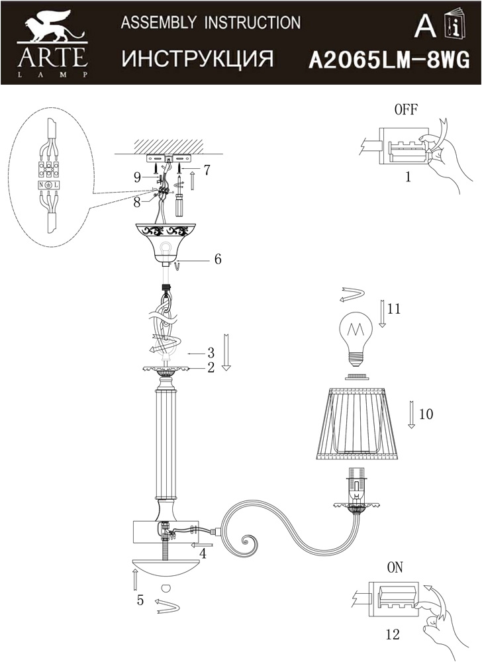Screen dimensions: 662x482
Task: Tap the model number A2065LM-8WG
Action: tap(389, 62)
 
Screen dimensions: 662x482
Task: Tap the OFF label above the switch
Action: tap(405, 111)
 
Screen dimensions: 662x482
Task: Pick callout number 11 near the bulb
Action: tap(395, 308)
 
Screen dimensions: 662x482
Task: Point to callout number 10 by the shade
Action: tap(426, 414)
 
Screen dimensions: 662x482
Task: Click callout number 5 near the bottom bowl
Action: tap(140, 600)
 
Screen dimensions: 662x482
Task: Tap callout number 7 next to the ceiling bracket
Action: tap(207, 169)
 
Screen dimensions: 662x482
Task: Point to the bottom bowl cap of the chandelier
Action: tap(166, 569)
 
